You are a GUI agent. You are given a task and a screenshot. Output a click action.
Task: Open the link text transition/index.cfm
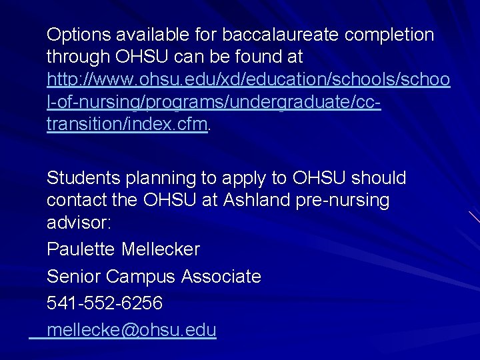click(127, 124)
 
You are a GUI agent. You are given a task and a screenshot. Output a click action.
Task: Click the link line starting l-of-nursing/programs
click(213, 102)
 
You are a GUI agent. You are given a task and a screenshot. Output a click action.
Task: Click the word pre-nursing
click(346, 200)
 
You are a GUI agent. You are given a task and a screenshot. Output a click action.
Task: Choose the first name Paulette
click(81, 249)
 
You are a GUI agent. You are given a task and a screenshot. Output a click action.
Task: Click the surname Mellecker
click(161, 249)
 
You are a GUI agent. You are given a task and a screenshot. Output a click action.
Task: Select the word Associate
click(221, 276)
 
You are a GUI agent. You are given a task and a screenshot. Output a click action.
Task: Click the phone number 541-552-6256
click(105, 303)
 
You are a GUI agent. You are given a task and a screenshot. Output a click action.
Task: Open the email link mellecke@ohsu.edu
click(131, 329)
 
